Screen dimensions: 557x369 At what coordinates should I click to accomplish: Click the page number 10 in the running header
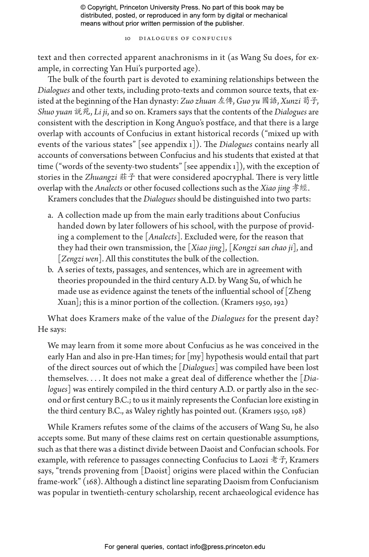127,39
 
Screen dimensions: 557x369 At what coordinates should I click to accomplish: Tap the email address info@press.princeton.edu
227,546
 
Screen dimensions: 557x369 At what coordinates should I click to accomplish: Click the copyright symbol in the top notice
83,8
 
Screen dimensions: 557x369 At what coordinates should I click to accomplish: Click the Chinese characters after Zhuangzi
127,177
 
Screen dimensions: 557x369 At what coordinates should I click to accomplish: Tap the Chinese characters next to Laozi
278,460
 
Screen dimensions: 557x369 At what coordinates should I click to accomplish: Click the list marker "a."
51,215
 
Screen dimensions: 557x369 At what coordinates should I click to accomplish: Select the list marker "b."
51,270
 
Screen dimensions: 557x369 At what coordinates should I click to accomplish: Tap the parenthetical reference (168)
96,482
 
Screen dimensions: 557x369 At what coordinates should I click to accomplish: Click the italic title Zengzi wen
80,259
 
